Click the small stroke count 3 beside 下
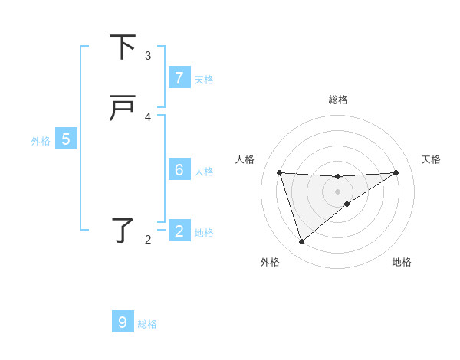148,56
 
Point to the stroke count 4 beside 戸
148,117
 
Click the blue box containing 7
179,77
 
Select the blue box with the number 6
179,169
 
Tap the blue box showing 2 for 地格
179,231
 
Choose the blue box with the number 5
66,139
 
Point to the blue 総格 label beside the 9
147,324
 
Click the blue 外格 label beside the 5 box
41,141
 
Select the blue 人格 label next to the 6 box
204,172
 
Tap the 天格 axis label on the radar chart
431,159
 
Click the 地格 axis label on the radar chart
402,262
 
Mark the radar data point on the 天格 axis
396,172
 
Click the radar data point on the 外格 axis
301,242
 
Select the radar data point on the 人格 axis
280,172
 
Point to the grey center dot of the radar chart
337,191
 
